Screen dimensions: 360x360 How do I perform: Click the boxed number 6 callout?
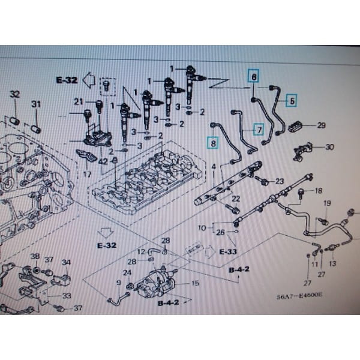(254, 77)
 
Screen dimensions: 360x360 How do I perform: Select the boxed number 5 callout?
(291, 101)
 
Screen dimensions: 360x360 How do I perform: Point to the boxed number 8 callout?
(211, 142)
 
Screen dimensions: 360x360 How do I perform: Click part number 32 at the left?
(15, 95)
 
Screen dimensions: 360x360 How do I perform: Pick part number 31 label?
(36, 105)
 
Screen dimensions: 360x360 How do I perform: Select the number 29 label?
(321, 125)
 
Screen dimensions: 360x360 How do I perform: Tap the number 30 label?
(329, 147)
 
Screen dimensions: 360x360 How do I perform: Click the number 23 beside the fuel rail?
(279, 181)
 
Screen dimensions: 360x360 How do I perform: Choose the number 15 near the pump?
(194, 283)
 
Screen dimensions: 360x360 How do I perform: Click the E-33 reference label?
(227, 252)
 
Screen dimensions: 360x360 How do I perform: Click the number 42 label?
(103, 161)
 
